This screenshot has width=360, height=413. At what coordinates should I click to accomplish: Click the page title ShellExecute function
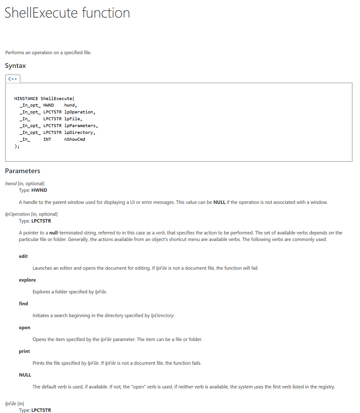pos(67,13)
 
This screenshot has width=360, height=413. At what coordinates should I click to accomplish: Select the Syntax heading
pos(15,66)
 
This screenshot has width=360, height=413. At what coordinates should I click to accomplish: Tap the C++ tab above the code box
pos(13,79)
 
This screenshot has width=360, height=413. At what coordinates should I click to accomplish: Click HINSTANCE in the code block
pos(26,98)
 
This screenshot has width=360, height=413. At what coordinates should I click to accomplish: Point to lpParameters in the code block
pos(81,126)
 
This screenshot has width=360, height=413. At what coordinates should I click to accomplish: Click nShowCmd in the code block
pos(74,139)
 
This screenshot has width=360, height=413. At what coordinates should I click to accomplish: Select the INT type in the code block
pos(47,139)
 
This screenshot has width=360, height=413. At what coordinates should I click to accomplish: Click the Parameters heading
pos(22,171)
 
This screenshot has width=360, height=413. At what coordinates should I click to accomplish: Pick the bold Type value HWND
pos(39,190)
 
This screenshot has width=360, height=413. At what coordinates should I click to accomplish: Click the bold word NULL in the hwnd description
pos(219,202)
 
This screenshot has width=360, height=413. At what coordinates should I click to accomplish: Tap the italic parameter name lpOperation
pos(17,214)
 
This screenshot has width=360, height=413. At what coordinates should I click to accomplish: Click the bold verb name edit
pos(23,256)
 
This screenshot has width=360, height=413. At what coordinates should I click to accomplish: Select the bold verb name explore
pos(27,280)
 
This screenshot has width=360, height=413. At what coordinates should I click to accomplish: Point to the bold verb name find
pos(23,304)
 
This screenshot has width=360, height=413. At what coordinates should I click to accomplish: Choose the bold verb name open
pos(25,327)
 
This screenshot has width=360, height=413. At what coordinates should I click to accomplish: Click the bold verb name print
pos(24,351)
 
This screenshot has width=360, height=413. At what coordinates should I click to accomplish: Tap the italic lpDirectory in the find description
pos(162,316)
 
